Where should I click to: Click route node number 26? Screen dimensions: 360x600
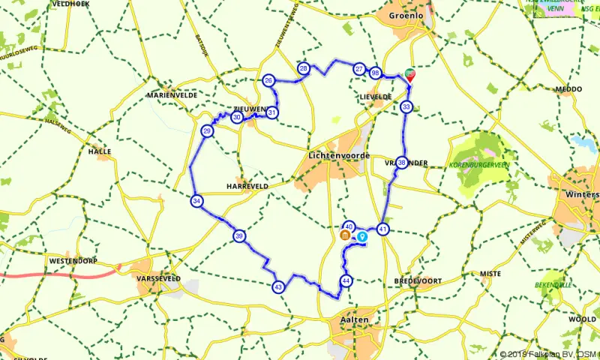268,80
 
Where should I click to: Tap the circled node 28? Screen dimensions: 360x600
304,68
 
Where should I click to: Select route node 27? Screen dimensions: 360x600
359,70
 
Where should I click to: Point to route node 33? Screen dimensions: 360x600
406,107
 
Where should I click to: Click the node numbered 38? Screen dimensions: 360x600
402,163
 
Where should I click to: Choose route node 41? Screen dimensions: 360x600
383,229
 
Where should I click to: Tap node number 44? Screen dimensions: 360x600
346,280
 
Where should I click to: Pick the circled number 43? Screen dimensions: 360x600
278,286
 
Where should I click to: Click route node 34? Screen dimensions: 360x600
196,201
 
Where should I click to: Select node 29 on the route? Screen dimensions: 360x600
208,132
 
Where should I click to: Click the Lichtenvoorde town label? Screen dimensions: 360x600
339,155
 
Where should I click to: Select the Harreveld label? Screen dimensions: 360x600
247,186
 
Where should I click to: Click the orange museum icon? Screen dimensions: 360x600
345,236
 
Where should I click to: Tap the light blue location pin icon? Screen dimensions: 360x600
363,237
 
